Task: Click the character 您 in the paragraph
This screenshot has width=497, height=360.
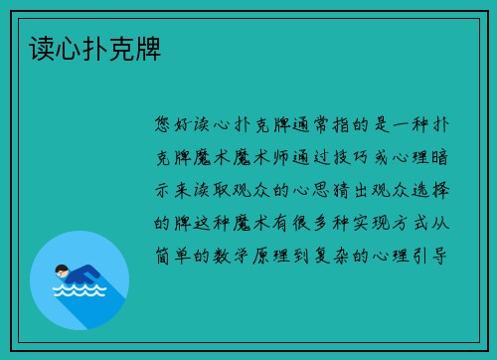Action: point(164,124)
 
